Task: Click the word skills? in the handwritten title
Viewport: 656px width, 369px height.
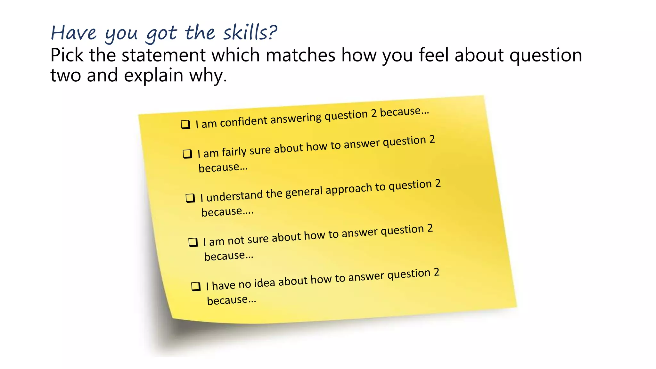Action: point(250,33)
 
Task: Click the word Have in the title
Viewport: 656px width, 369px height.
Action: point(74,33)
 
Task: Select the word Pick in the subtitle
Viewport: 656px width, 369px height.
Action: point(67,55)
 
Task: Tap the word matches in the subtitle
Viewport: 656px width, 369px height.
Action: point(300,55)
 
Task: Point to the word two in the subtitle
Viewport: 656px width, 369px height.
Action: point(66,76)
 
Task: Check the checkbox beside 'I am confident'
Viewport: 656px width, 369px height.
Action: point(185,124)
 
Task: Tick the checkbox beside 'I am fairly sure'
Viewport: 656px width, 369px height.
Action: point(187,154)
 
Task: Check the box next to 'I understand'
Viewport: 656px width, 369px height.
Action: point(190,198)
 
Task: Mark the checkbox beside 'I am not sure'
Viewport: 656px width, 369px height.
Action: point(193,242)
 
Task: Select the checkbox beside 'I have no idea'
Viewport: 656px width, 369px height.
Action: point(196,286)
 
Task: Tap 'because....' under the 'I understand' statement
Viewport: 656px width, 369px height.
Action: point(227,212)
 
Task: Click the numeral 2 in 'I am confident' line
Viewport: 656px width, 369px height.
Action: point(373,114)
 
